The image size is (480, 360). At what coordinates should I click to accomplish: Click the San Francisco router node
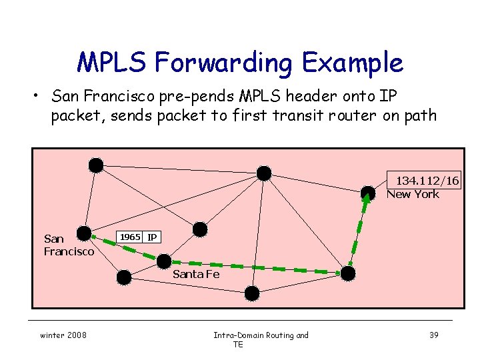coord(84,233)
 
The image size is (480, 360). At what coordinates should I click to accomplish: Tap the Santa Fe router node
coord(163,261)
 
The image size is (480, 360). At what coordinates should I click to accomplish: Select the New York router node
coord(367,193)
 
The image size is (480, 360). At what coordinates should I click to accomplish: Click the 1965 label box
coord(130,237)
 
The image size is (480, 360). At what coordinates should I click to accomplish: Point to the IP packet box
coord(152,237)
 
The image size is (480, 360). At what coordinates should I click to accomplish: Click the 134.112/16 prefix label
coord(427,181)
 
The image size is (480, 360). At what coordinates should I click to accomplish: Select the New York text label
coord(413,194)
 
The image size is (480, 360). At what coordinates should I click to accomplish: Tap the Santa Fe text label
coord(195,274)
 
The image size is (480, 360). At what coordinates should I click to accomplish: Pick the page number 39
coord(433,335)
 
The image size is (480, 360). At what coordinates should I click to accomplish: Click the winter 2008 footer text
coord(63,335)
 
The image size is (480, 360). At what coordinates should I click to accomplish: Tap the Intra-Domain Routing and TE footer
coord(261,339)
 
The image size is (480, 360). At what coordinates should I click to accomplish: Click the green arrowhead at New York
coord(366,198)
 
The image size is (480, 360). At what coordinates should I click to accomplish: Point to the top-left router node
coord(97,165)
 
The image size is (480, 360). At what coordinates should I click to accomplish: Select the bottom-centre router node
coord(252,293)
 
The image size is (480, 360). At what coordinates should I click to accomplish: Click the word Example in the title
coord(353,63)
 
